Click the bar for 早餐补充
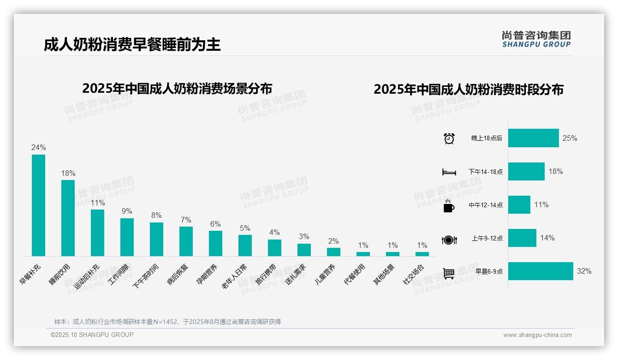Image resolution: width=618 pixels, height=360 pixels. point(38,205)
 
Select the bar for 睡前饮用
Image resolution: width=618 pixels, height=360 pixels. point(68,218)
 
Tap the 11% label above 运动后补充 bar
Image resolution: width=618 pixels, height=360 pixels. point(98,203)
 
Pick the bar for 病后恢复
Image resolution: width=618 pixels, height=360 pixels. point(186,241)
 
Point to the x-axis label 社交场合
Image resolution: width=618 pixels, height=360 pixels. point(413,274)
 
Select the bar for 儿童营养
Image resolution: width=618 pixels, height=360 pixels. point(333,252)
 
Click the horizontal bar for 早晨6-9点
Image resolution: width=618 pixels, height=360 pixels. point(541,271)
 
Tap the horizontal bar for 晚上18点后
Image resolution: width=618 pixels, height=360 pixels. point(534,138)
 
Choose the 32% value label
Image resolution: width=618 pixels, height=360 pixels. point(584,271)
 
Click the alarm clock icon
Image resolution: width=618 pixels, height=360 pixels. point(449,138)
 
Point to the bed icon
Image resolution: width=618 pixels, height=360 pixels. point(449,172)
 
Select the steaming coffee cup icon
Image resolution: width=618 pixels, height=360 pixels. point(449,206)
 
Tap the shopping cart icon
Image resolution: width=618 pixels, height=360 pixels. point(449,273)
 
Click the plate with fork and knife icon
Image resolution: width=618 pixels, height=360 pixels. point(449,240)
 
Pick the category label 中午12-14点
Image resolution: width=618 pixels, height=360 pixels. point(486,205)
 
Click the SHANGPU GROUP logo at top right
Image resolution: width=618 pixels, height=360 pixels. point(536,39)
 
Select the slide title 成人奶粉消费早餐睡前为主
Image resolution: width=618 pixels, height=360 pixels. point(132,44)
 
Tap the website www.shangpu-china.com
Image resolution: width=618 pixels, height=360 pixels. point(537,335)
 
